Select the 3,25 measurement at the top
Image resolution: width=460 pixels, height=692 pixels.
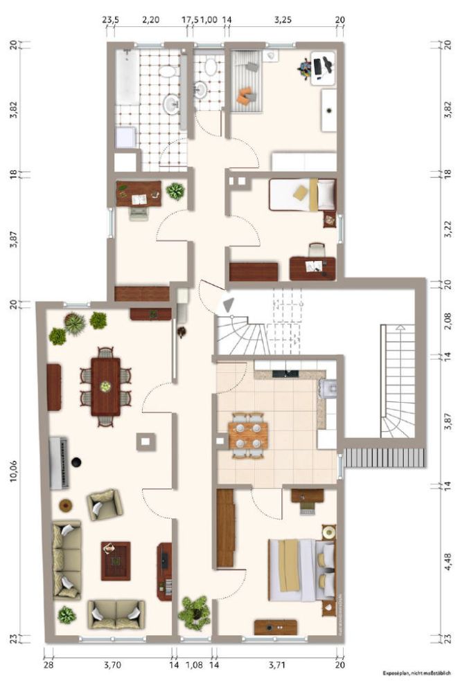[x=282, y=20]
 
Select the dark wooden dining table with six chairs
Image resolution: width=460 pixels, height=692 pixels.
[x=105, y=385]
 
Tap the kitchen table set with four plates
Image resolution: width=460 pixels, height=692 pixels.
[x=247, y=435]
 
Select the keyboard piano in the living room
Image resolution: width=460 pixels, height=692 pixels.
[x=60, y=462]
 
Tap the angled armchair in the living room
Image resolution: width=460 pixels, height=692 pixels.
[x=104, y=504]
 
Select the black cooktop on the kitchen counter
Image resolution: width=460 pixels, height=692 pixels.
[x=285, y=374]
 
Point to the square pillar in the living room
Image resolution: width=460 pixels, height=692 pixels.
[x=145, y=441]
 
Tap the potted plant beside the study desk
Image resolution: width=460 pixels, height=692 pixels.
[x=175, y=191]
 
